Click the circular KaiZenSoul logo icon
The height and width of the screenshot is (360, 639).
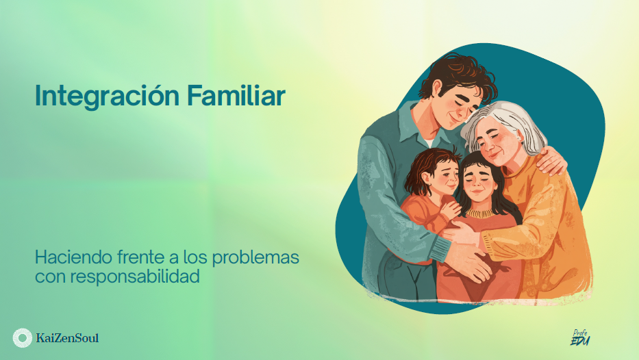click(x=22, y=337)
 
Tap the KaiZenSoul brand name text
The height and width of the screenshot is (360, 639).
click(x=66, y=337)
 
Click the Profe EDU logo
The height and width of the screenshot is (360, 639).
click(x=580, y=337)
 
